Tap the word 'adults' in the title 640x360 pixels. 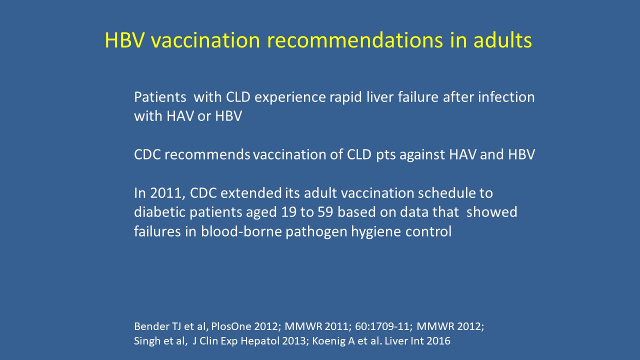[502, 40]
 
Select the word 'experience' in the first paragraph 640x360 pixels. [290, 97]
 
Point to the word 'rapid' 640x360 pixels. [345, 97]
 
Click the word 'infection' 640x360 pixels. [506, 97]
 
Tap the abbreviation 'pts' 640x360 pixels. [385, 155]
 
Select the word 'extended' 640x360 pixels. [251, 193]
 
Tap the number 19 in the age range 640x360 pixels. [289, 212]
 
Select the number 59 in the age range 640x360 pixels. [325, 212]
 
